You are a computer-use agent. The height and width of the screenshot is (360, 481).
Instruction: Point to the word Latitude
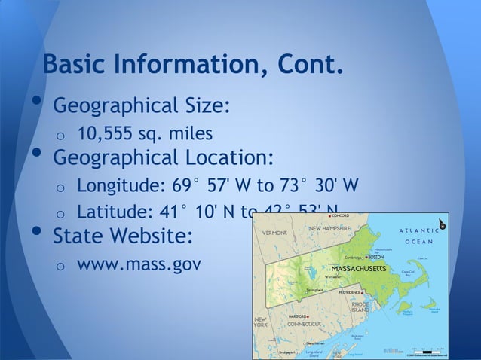click(113, 213)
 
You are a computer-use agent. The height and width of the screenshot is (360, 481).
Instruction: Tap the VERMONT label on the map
click(273, 233)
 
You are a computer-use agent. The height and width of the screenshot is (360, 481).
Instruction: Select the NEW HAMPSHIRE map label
click(329, 227)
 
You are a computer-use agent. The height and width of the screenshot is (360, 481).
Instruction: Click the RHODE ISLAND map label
click(360, 307)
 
